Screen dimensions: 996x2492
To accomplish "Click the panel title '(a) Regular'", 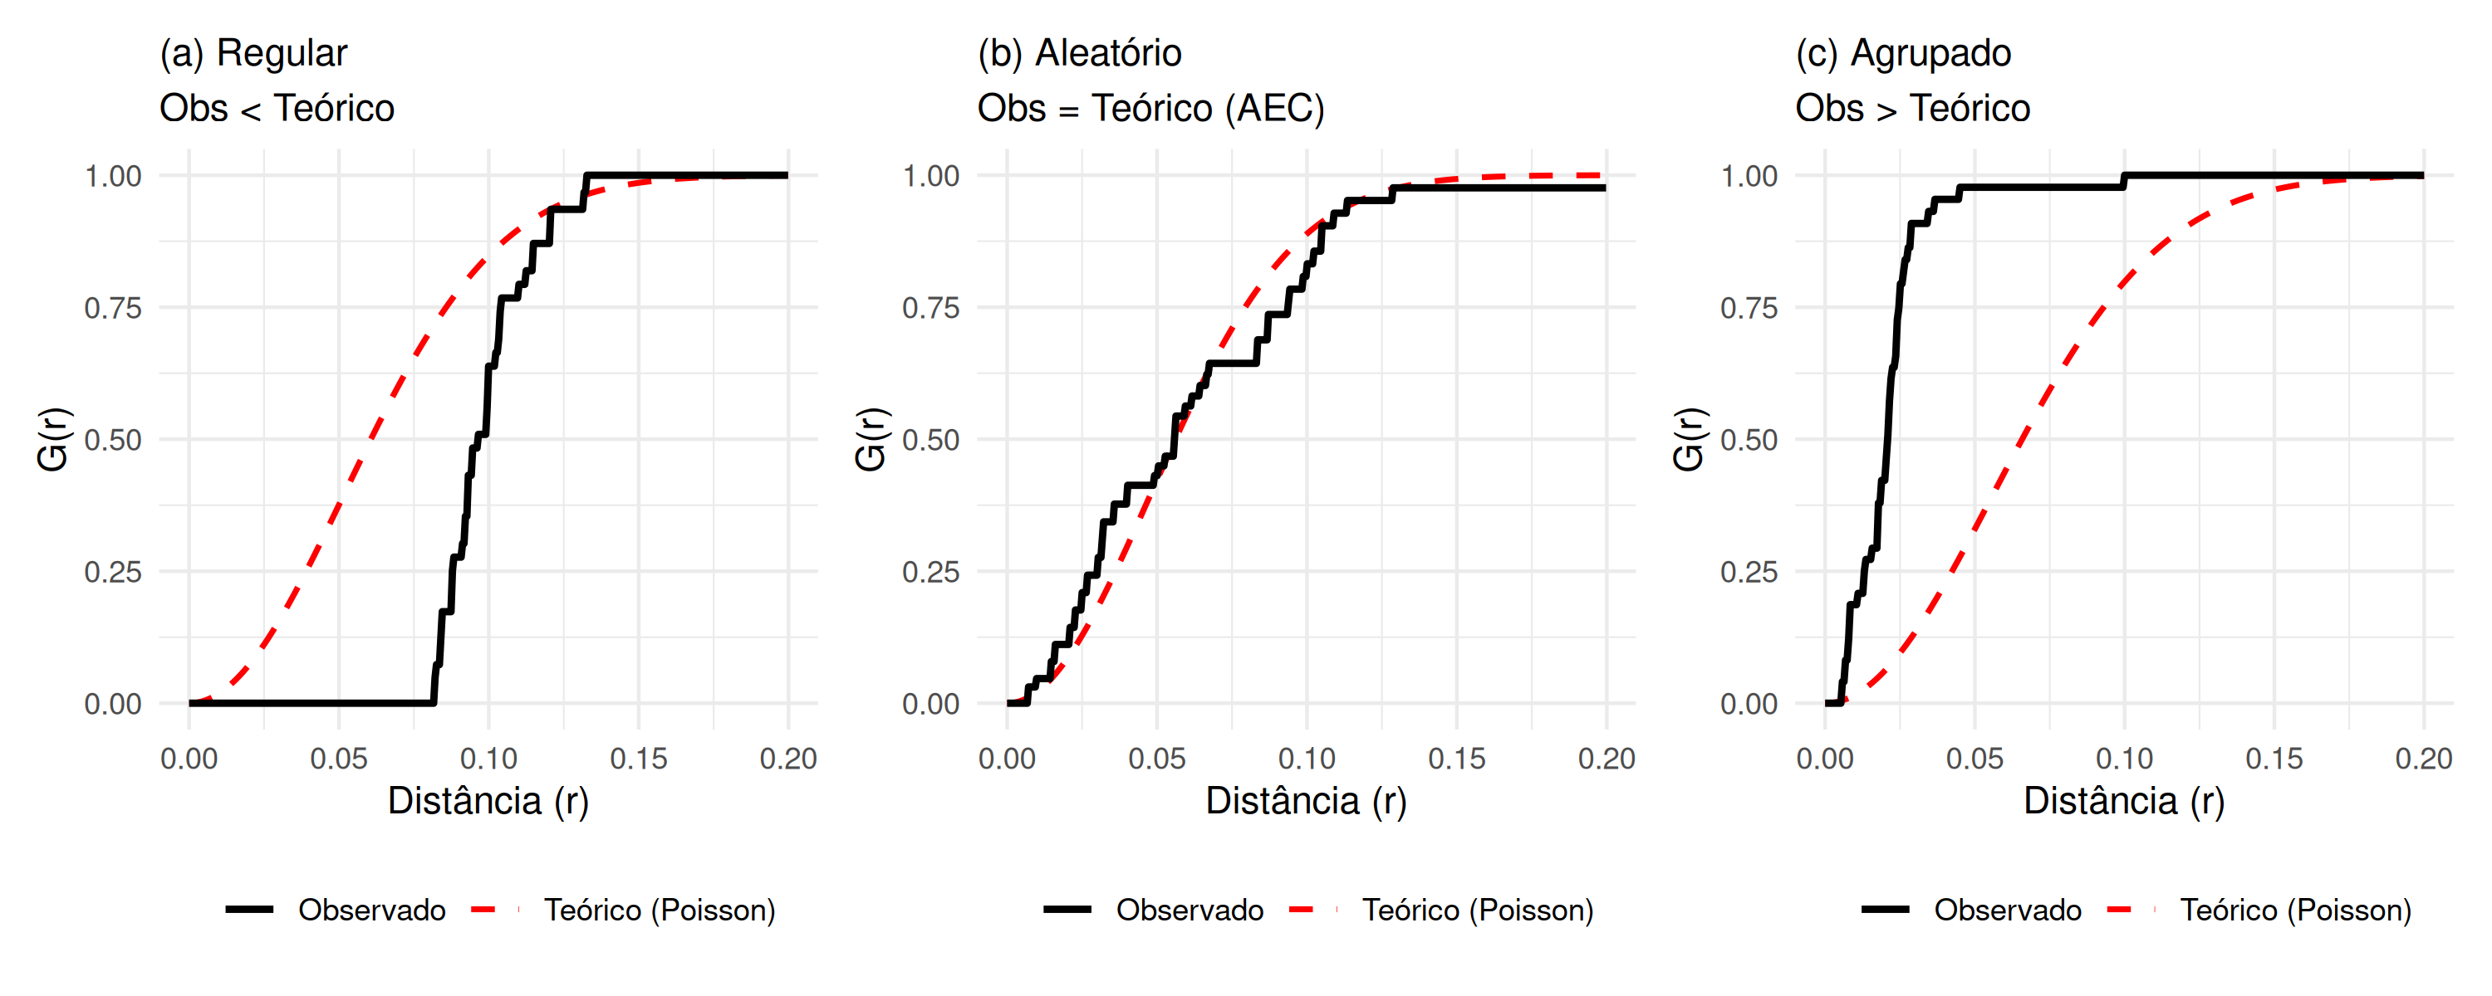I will point(253,53).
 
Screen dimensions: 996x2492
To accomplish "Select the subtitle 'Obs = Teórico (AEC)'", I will point(1150,108).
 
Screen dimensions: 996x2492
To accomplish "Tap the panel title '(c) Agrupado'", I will point(1903,53).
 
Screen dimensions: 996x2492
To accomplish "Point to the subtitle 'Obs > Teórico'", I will point(1912,108).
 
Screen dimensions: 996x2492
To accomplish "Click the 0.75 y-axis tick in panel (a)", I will point(112,309).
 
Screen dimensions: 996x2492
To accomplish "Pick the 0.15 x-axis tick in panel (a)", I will point(639,759).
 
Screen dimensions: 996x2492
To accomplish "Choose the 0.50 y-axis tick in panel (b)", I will point(930,440).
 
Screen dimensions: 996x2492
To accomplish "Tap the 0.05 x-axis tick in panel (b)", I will point(1157,759).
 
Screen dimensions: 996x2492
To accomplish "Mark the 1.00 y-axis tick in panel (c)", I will point(1749,176).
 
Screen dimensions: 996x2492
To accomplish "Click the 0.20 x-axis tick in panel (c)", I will point(2423,759).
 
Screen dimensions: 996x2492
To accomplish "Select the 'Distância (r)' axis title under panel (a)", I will point(488,802).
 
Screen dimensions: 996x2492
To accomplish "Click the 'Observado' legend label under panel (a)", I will point(371,910).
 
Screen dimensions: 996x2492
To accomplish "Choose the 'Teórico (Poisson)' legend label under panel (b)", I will point(1477,910).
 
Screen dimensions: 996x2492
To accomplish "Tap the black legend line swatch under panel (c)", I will point(1886,910).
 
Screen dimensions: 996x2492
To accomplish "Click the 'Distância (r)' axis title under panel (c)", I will point(2124,802).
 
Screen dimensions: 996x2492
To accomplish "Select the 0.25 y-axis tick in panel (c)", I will point(1749,573).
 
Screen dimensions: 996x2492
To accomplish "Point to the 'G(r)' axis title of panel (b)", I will point(871,440).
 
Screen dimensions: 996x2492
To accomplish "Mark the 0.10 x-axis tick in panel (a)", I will point(488,759).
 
